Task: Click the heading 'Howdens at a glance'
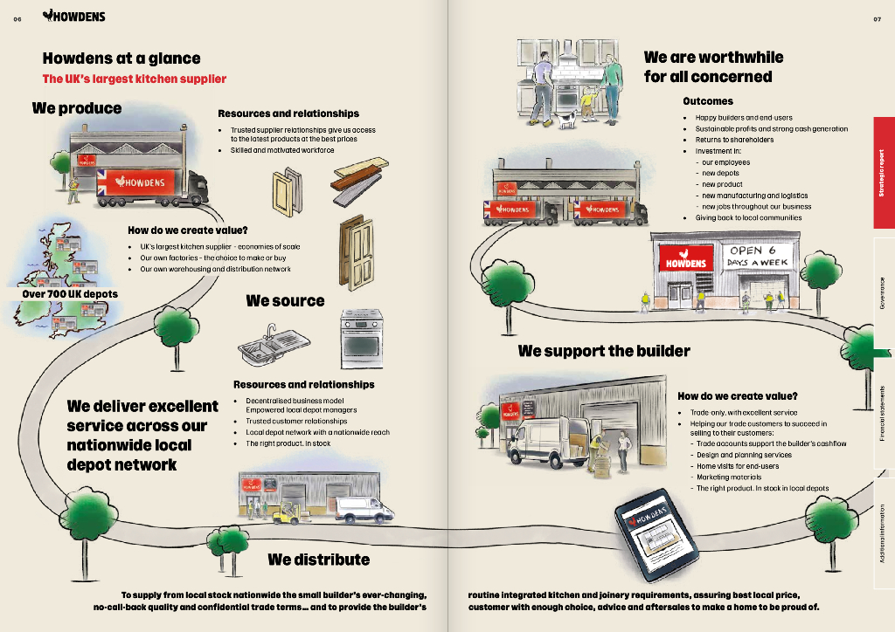121,58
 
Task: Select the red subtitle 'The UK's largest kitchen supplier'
135,79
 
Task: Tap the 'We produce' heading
77,108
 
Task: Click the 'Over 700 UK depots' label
70,294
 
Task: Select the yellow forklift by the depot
287,514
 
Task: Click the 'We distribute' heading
318,560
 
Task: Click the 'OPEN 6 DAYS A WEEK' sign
758,256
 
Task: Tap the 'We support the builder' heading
604,351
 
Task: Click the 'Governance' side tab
883,295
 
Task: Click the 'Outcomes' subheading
708,101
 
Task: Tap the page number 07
877,19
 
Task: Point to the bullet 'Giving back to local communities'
748,217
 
